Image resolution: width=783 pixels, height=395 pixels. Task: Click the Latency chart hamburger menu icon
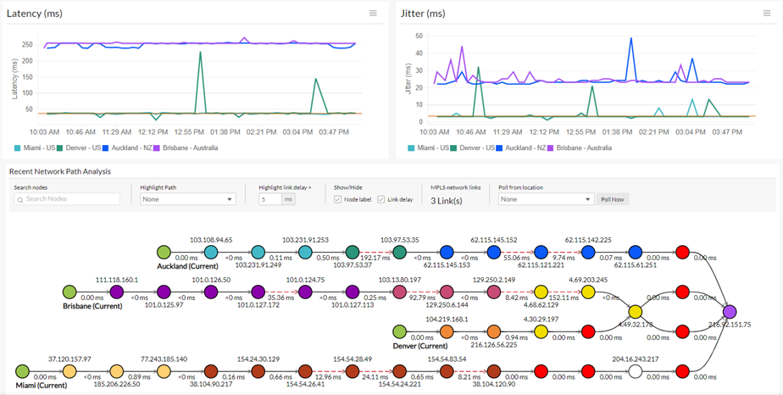(373, 14)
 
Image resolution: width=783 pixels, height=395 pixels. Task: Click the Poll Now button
(612, 199)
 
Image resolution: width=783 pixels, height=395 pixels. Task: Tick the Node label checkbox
(338, 199)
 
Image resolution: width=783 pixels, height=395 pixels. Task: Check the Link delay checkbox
(381, 199)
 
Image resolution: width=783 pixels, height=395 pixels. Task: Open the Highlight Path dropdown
(187, 199)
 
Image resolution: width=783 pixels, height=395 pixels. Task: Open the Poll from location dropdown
(546, 199)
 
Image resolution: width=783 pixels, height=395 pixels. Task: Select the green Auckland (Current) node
(164, 253)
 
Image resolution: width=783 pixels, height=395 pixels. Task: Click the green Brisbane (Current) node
(69, 292)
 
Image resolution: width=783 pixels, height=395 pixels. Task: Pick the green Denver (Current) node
(400, 332)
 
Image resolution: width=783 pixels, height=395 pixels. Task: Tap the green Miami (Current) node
(22, 372)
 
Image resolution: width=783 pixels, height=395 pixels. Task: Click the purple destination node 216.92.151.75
(730, 313)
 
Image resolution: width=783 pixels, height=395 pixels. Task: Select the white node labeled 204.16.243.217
(636, 372)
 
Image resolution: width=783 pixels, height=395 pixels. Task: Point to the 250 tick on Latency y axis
(27, 45)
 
